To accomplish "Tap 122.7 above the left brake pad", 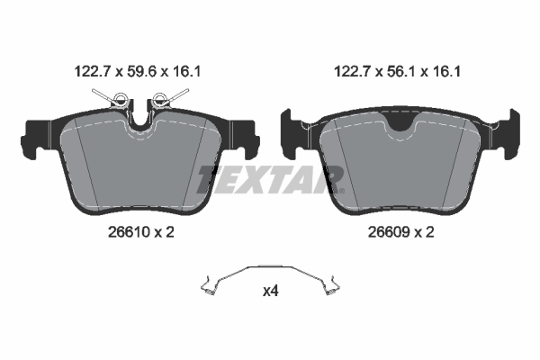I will coord(90,67).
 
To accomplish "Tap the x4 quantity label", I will coord(270,291).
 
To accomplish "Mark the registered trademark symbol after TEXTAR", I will coord(340,190).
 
